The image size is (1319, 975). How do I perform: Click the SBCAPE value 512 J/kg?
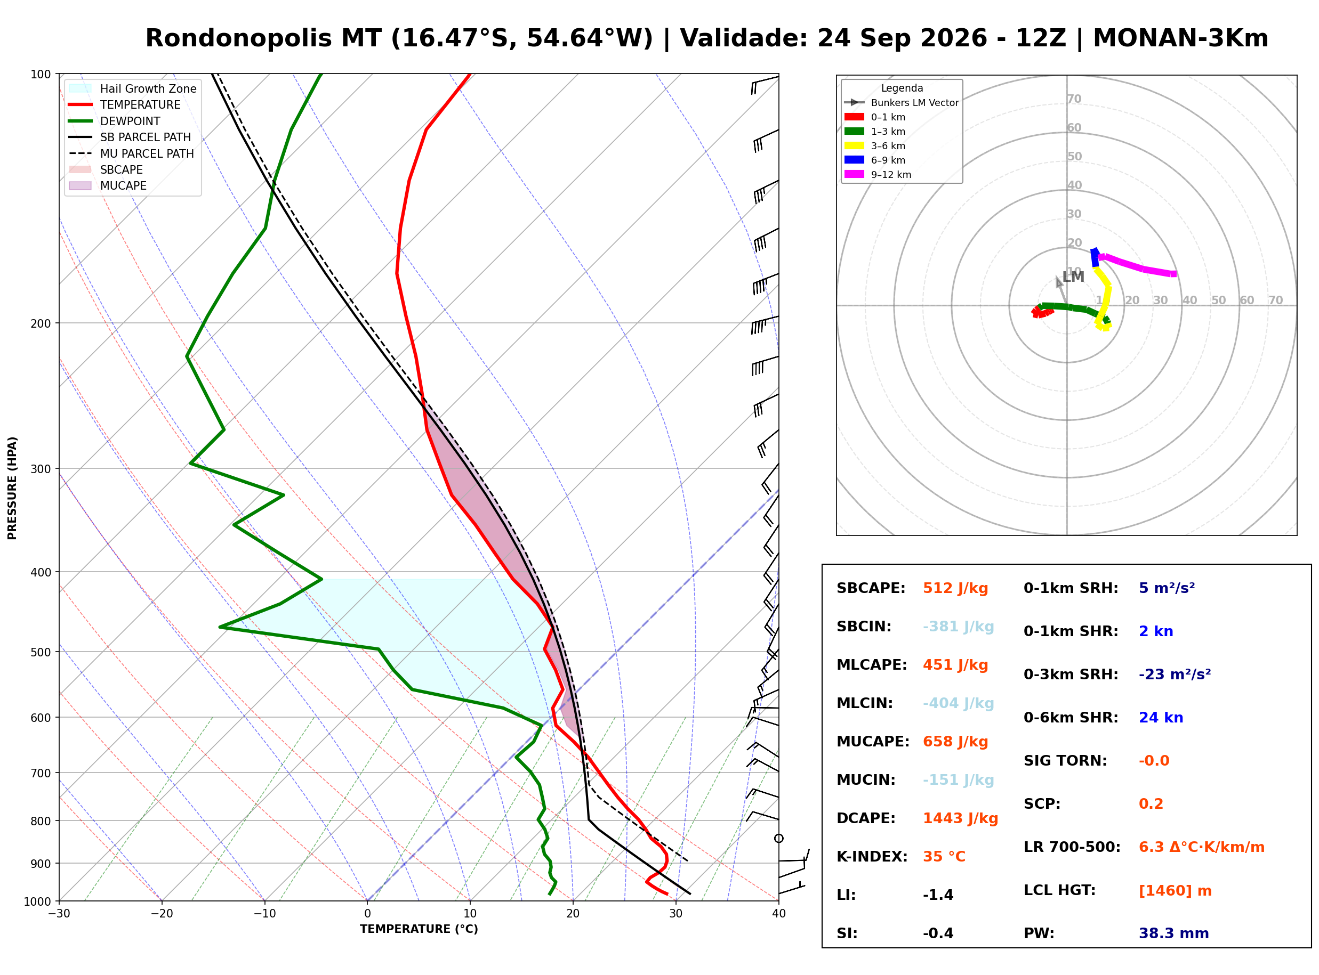[955, 588]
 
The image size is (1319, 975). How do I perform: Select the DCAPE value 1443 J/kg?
[960, 818]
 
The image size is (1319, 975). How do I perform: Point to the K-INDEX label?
[872, 857]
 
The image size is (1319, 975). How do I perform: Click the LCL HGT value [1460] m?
[1175, 891]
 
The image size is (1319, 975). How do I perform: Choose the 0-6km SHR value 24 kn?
[1161, 718]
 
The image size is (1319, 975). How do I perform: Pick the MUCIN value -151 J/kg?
[958, 780]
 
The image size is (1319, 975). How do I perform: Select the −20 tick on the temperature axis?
[161, 914]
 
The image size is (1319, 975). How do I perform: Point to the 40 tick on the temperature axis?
[778, 914]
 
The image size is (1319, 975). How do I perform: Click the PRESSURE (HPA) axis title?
[12, 488]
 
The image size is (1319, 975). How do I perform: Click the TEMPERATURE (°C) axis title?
[419, 929]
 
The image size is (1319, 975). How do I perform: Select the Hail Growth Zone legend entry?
[133, 88]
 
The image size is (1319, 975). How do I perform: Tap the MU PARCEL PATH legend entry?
[133, 153]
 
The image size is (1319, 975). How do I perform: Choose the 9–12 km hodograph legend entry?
[878, 175]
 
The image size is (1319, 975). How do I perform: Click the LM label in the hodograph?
[1073, 277]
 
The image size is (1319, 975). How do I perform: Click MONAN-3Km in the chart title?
[1180, 38]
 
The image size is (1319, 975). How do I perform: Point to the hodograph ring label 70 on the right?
[1275, 300]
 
